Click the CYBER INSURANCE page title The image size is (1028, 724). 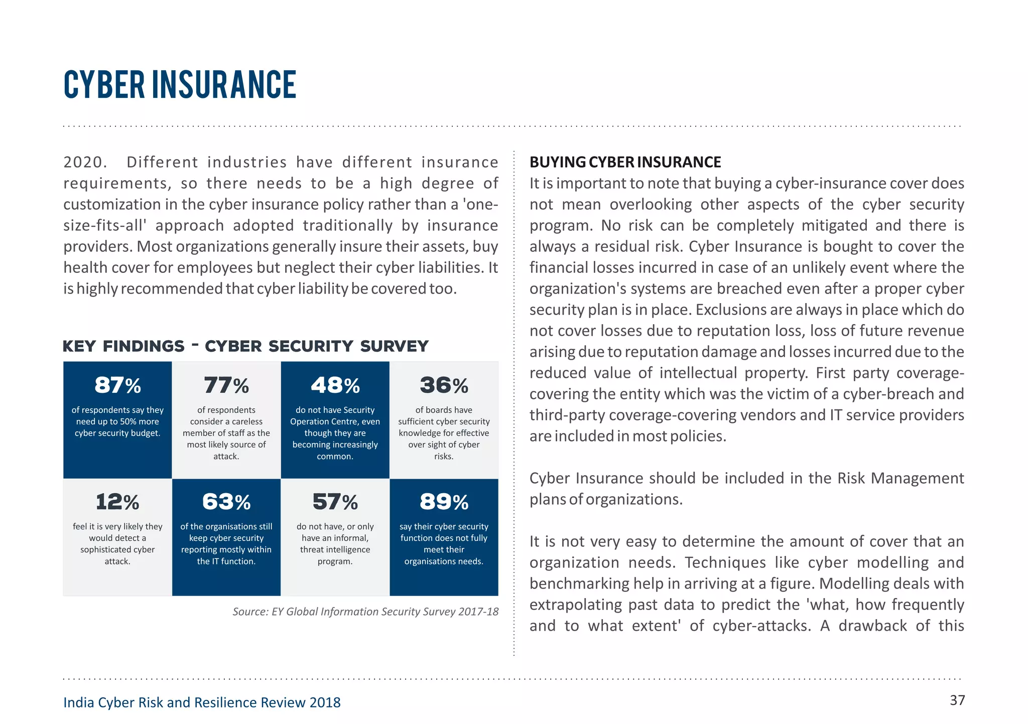coord(180,84)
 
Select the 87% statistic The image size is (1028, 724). coord(117,385)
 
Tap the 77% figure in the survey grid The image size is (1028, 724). coord(226,385)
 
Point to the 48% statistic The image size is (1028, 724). coord(335,385)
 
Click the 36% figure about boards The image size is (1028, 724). coord(444,385)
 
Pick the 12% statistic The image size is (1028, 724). coord(117,502)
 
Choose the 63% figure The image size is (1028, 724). coord(226,502)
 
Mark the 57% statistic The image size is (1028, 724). coord(335,502)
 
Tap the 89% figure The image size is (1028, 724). coord(444,502)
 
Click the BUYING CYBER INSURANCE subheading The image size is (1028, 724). coord(625,162)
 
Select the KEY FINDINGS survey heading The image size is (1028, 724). coord(245,346)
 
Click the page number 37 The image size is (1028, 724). coord(957,700)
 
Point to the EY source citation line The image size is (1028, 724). coord(365,612)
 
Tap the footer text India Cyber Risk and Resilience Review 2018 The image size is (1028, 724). coord(202,702)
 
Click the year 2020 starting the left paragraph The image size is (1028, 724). coord(83,163)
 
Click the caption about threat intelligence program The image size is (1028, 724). coord(335,544)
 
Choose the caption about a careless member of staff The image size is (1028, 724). coord(226,433)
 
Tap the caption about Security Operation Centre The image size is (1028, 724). coord(335,433)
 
